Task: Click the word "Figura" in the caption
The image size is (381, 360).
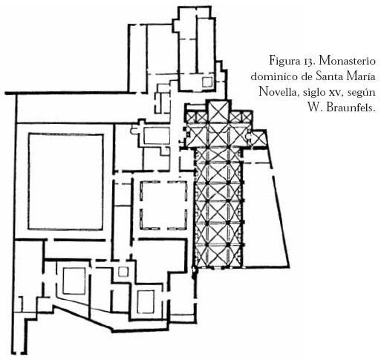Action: pyautogui.click(x=284, y=61)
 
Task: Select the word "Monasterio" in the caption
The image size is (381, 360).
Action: pyautogui.click(x=348, y=61)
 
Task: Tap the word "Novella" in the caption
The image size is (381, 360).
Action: pyautogui.click(x=278, y=92)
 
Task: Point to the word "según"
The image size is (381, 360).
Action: pyautogui.click(x=362, y=93)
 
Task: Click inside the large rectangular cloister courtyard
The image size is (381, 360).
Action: pyautogui.click(x=65, y=182)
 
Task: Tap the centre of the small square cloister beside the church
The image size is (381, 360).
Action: pyautogui.click(x=164, y=206)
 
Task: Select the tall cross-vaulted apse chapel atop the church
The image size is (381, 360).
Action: pyautogui.click(x=218, y=111)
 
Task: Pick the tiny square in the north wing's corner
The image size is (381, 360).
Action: pyautogui.click(x=207, y=82)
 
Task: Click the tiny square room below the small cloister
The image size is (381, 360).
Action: pyautogui.click(x=123, y=272)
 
